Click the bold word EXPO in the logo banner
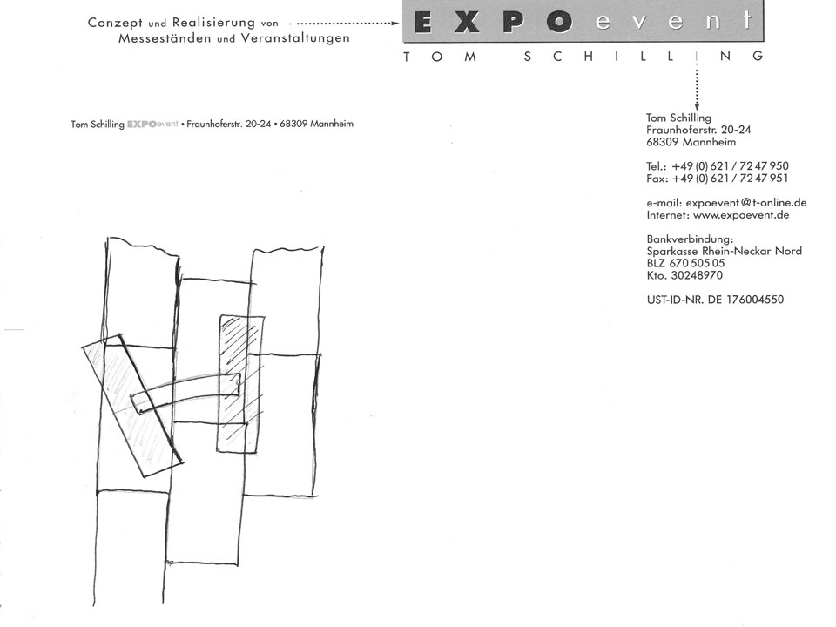[493, 23]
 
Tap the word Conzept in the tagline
[115, 23]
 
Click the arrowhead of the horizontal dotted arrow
[395, 24]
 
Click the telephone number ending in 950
[730, 166]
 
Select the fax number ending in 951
[730, 179]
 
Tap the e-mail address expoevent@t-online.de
[746, 203]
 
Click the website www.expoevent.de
[741, 215]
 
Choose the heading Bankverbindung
[690, 239]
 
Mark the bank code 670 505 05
[697, 263]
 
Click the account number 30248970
[697, 276]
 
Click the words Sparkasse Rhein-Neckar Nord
[724, 251]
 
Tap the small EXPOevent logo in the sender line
[152, 125]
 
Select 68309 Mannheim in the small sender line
[316, 124]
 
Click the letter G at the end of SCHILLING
[758, 56]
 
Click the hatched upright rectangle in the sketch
[240, 384]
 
